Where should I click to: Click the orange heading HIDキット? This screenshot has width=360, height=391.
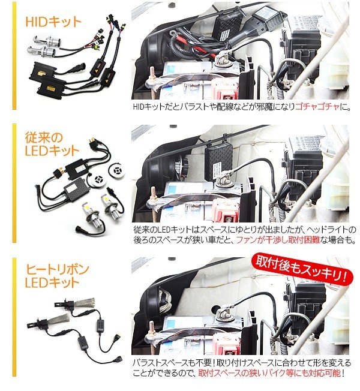53,22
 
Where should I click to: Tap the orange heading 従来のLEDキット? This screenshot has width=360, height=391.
52,144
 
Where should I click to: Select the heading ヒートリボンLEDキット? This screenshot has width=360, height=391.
57,276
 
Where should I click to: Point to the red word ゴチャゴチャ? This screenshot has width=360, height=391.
317,107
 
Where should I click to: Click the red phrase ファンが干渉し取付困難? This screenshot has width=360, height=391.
278,240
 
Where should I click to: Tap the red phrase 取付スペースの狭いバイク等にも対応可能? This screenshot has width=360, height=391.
269,373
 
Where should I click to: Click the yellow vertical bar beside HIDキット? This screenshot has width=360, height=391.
14,57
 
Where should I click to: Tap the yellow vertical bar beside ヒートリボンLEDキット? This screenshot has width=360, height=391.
14,318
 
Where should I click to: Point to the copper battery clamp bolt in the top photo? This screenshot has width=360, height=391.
152,75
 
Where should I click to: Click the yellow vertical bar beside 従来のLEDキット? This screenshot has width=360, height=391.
14,183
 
